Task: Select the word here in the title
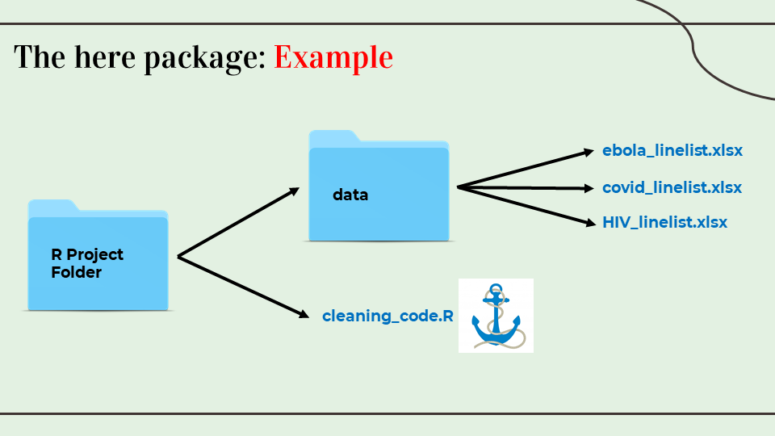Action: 105,57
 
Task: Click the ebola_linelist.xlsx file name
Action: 672,150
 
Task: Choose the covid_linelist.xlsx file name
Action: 672,187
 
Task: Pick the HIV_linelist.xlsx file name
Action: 664,222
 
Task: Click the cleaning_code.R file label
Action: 387,316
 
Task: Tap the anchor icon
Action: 496,316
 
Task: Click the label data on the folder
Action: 350,195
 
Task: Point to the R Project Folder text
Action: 87,263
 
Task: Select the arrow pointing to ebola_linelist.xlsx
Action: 526,169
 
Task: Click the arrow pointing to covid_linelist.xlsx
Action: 526,188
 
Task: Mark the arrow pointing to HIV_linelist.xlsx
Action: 526,206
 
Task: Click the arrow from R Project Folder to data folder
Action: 238,223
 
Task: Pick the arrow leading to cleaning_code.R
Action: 243,287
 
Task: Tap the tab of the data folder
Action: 333,136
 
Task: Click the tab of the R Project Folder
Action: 52,206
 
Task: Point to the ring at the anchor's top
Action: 496,288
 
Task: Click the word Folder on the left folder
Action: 77,272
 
